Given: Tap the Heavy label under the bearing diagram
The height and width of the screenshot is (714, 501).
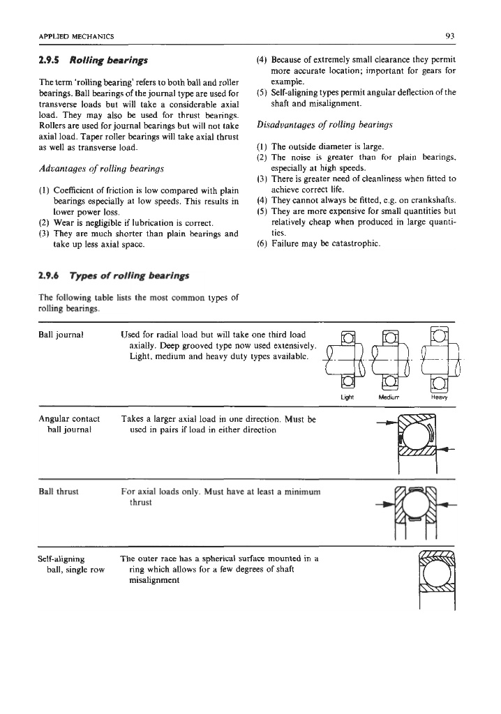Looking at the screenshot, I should pyautogui.click(x=439, y=399).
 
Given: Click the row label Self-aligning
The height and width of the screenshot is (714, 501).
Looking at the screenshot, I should pyautogui.click(x=61, y=559).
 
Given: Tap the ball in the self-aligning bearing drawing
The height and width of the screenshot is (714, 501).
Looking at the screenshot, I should pyautogui.click(x=437, y=573).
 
